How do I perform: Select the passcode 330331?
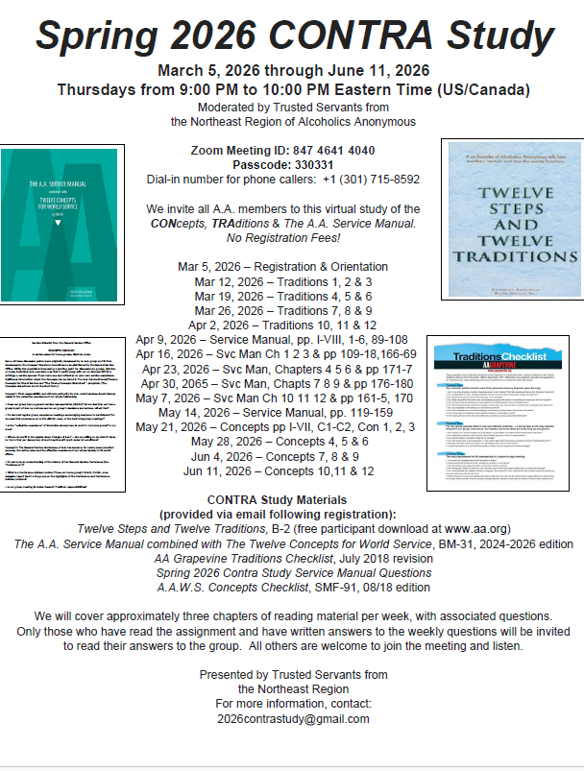(315, 165)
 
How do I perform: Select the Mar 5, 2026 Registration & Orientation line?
(282, 265)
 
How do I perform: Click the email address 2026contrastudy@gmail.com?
(292, 718)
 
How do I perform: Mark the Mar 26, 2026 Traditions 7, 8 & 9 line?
(282, 309)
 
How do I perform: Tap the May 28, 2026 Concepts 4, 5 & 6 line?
(282, 442)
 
